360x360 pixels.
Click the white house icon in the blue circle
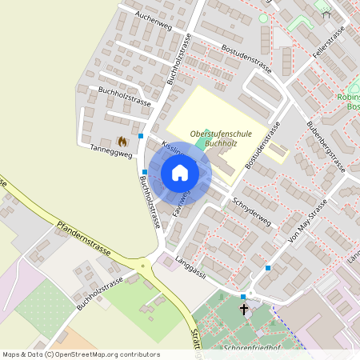(x=180, y=172)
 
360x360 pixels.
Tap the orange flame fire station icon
(x=122, y=141)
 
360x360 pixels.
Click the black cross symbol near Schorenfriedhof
(x=244, y=307)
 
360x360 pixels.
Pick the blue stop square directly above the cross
(x=243, y=297)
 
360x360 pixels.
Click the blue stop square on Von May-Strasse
(x=268, y=268)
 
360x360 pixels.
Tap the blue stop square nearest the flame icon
(x=141, y=136)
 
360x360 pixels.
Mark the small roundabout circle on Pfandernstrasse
(x=144, y=265)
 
